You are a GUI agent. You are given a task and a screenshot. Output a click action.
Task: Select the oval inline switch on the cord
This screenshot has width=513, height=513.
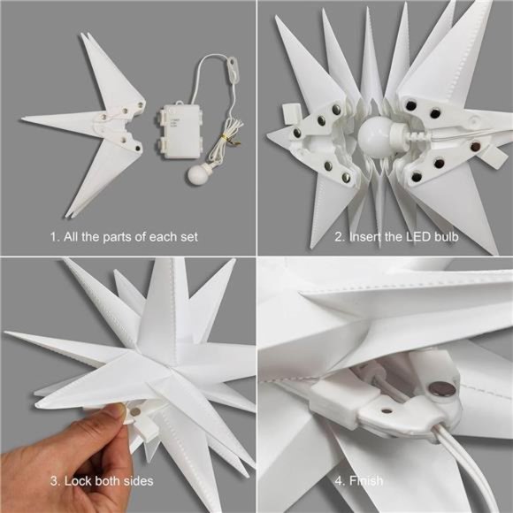[234, 65]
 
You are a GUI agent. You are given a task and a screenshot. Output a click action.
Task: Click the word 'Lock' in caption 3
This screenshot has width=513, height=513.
[79, 482]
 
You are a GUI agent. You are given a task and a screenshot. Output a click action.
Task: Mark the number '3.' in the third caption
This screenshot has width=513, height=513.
[55, 482]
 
